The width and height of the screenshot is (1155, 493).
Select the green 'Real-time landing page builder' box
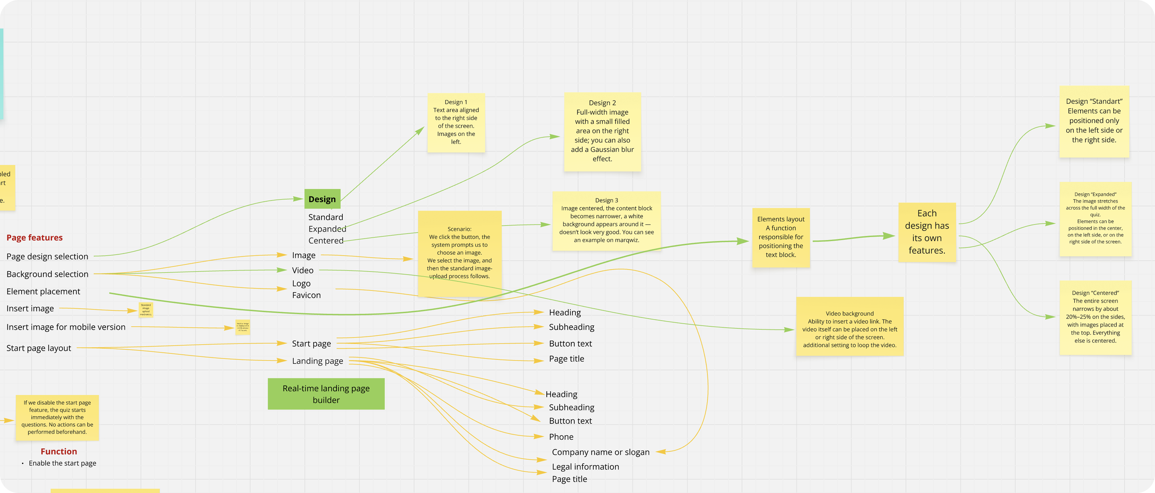326,394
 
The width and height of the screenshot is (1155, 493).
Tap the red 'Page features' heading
34,237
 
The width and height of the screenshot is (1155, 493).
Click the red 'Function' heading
59,451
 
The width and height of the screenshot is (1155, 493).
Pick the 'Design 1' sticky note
456,122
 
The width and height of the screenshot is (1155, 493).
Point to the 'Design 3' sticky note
606,220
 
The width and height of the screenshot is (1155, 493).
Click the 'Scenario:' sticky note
460,253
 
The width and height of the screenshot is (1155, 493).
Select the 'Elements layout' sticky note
781,237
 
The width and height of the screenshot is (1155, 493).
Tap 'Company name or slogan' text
600,452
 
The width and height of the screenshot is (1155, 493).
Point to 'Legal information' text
585,466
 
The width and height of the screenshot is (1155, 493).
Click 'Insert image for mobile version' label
66,327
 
